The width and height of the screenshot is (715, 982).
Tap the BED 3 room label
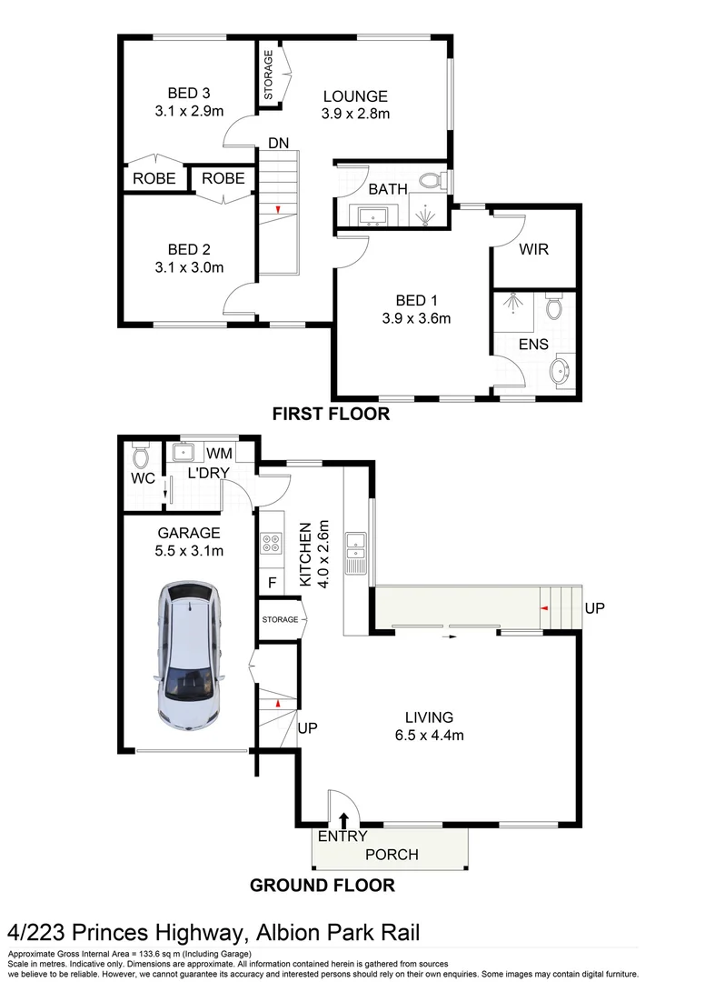189,93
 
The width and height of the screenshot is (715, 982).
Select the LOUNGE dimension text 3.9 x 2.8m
354,114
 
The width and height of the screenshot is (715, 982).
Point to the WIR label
534,249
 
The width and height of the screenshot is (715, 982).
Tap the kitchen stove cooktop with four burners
271,543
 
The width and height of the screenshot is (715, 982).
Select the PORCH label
392,855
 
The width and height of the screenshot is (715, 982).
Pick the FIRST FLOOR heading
331,415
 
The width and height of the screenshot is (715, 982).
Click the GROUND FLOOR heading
322,885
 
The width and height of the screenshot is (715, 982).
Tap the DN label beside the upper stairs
278,143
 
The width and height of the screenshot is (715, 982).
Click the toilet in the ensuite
554,311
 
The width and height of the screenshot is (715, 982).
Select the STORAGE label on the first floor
269,75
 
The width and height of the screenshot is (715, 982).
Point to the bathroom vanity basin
373,216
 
